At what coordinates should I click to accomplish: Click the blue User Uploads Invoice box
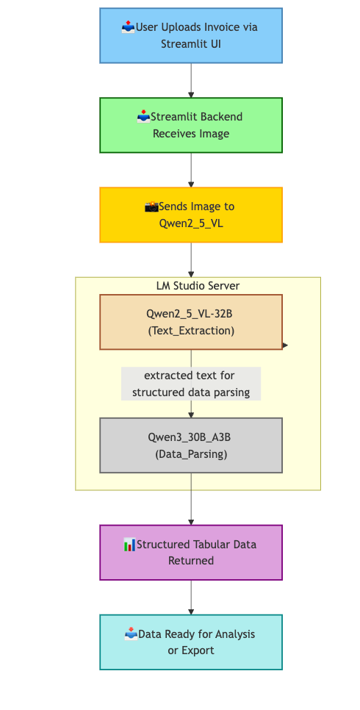[x=191, y=35]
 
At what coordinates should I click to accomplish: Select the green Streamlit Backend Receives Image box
[x=191, y=125]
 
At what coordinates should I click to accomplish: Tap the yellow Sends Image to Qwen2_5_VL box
[x=191, y=215]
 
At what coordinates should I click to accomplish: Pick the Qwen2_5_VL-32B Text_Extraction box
[x=191, y=322]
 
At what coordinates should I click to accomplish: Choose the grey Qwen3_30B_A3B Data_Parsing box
[x=191, y=445]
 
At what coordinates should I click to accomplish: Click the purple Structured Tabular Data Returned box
[x=191, y=553]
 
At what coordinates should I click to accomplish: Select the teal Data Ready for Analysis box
[x=191, y=642]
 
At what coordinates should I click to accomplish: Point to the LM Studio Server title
[x=198, y=285]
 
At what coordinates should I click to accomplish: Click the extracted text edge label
[x=191, y=384]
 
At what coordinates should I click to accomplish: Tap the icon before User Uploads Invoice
[x=129, y=27]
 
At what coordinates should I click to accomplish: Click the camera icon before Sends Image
[x=151, y=207]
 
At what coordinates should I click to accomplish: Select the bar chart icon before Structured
[x=129, y=545]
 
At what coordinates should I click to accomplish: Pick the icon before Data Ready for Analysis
[x=132, y=634]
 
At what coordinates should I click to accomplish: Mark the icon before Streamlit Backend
[x=144, y=116]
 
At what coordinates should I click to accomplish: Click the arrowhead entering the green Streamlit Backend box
[x=191, y=95]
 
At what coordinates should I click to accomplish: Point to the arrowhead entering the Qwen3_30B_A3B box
[x=191, y=415]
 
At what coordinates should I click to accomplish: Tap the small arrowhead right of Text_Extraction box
[x=285, y=345]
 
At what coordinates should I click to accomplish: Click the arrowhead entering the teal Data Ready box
[x=191, y=612]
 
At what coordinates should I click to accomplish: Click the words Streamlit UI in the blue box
[x=191, y=44]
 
